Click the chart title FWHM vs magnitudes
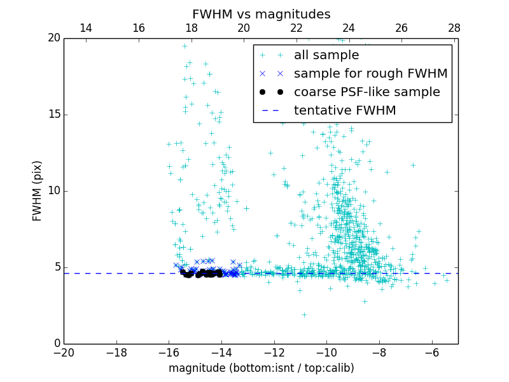click(261, 14)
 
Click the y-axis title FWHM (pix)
click(38, 190)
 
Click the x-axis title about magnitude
click(261, 368)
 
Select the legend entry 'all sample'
click(326, 55)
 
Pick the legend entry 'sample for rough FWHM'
click(370, 74)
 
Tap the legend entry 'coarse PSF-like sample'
click(366, 92)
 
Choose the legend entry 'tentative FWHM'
click(344, 111)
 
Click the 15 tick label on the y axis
click(53, 115)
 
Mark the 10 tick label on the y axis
click(53, 191)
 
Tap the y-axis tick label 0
click(56, 344)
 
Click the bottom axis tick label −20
click(64, 353)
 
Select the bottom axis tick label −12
click(274, 353)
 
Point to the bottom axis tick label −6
click(432, 353)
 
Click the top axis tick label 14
click(86, 28)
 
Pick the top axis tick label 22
click(296, 28)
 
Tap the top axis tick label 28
click(454, 28)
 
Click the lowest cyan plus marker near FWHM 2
click(304, 315)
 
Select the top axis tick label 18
click(191, 28)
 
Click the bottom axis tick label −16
click(169, 353)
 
